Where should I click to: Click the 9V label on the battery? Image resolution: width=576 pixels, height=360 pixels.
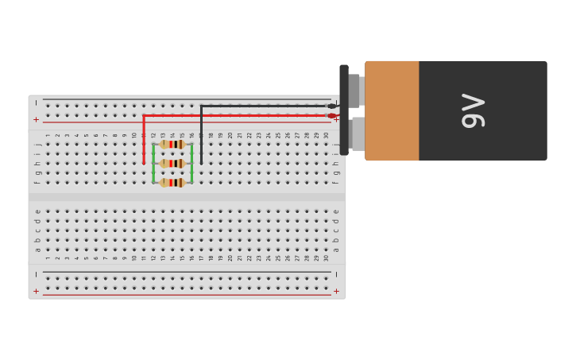(x=474, y=110)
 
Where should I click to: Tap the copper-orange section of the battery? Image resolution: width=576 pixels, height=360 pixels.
(x=392, y=110)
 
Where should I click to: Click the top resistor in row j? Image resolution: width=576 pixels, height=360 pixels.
(x=172, y=145)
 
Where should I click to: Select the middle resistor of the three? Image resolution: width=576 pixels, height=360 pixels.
(x=172, y=164)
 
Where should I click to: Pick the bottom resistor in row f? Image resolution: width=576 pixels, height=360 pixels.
(x=172, y=183)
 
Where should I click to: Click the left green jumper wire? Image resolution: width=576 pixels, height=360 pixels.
(x=153, y=164)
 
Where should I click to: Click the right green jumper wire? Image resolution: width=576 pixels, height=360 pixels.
(x=191, y=164)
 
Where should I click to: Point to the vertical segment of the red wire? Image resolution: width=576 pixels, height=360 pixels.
(x=144, y=140)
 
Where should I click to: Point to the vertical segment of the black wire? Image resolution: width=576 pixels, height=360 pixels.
(x=201, y=135)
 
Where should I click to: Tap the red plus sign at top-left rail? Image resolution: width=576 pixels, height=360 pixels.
(x=36, y=119)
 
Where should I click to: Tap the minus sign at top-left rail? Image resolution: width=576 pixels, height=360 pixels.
(x=36, y=103)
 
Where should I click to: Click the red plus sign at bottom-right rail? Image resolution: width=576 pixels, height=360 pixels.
(x=336, y=291)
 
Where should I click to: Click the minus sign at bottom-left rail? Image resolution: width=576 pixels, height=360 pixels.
(x=36, y=275)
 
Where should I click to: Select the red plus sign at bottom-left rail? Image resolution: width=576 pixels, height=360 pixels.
(x=36, y=291)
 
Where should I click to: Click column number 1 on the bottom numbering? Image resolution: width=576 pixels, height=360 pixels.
(x=48, y=257)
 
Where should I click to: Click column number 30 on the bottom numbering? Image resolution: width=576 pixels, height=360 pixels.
(x=326, y=257)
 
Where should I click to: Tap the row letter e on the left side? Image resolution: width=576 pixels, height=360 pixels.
(x=37, y=211)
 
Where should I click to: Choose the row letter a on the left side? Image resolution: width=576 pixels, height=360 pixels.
(x=37, y=250)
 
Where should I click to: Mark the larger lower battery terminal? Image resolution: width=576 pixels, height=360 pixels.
(x=358, y=134)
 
